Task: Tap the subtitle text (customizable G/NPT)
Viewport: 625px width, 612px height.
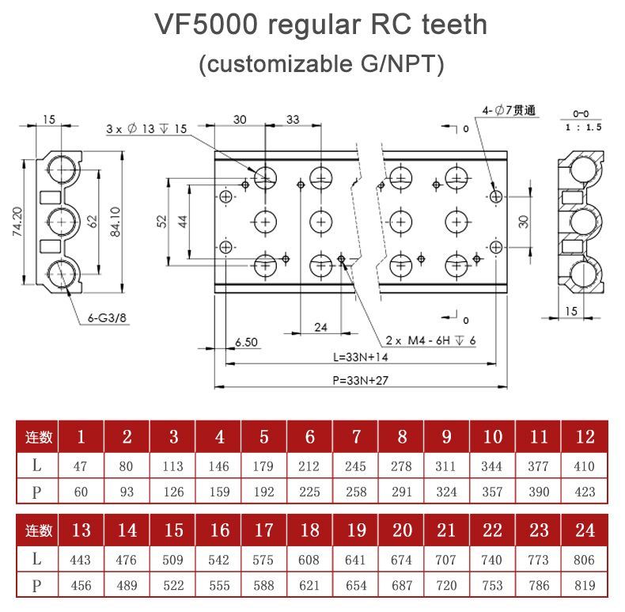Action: click(x=320, y=64)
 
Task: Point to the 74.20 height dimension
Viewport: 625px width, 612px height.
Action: click(x=18, y=222)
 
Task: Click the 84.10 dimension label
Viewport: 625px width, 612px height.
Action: click(x=116, y=222)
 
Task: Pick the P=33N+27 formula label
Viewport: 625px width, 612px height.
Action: click(x=360, y=380)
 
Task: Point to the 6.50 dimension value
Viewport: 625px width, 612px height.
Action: click(x=247, y=342)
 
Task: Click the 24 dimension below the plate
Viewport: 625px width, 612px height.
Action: click(x=320, y=327)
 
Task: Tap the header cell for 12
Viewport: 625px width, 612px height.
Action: click(x=585, y=436)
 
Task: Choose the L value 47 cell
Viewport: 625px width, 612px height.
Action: click(x=80, y=466)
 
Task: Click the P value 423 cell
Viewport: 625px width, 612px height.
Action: click(x=585, y=492)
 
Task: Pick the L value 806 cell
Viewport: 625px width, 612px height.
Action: click(x=585, y=560)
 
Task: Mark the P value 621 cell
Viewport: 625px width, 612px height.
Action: click(x=309, y=586)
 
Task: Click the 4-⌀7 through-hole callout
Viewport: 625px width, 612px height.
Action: click(x=508, y=111)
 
